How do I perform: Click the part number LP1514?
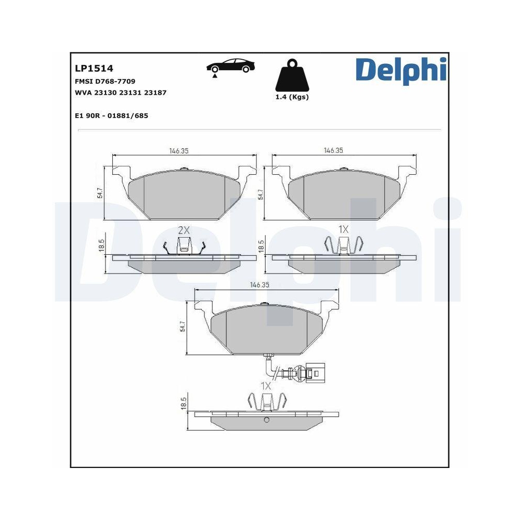[94, 68]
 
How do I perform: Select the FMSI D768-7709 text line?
[105, 82]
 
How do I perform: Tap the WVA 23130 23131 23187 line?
[121, 93]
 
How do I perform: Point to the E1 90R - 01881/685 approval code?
[112, 115]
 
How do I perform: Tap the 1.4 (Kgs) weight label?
[291, 97]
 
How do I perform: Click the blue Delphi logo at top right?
[400, 71]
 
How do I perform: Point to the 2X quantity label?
[184, 230]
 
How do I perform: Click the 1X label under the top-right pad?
[343, 229]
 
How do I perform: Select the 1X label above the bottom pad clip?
[266, 386]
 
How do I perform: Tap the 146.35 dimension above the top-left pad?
[178, 150]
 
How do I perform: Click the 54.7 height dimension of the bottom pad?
[183, 326]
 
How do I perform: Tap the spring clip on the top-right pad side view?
[343, 245]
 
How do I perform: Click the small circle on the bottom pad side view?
[266, 420]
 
